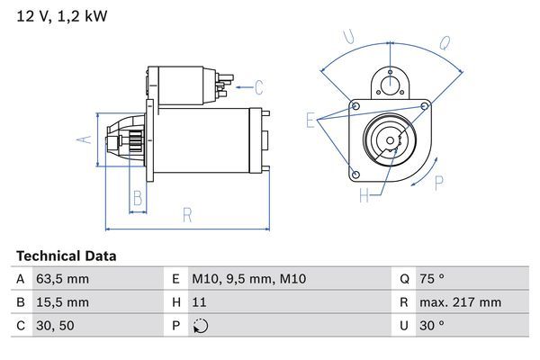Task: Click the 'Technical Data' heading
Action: pyautogui.click(x=66, y=256)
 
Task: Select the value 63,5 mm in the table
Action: pyautogui.click(x=64, y=280)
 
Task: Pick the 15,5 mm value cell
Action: pyautogui.click(x=64, y=302)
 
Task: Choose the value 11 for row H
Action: pyautogui.click(x=201, y=302)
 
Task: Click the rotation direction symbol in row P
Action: pyautogui.click(x=201, y=326)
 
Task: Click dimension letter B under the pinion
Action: pyautogui.click(x=138, y=198)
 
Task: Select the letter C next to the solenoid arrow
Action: pyautogui.click(x=258, y=87)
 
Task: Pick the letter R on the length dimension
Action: pyautogui.click(x=187, y=214)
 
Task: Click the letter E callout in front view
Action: pyautogui.click(x=310, y=121)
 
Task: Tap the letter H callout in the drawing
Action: pyautogui.click(x=364, y=194)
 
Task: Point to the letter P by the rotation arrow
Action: pyautogui.click(x=439, y=184)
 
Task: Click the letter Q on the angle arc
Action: pyautogui.click(x=445, y=42)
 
